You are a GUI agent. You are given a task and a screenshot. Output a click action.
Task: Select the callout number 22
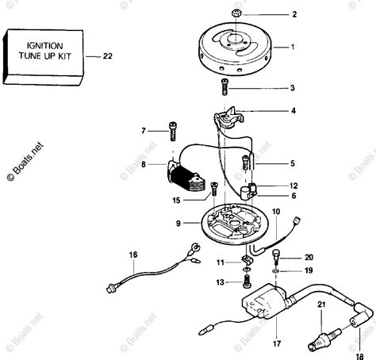[109, 56]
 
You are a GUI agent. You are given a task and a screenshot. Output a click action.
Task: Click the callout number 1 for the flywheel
[293, 48]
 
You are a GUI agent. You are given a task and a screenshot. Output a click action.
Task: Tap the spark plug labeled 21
[323, 328]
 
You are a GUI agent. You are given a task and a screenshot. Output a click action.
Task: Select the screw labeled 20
[274, 257]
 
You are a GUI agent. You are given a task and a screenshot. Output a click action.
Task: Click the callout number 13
[221, 281]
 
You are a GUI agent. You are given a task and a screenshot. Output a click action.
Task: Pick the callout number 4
[293, 112]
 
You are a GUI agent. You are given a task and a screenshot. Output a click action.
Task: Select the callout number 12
[292, 185]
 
